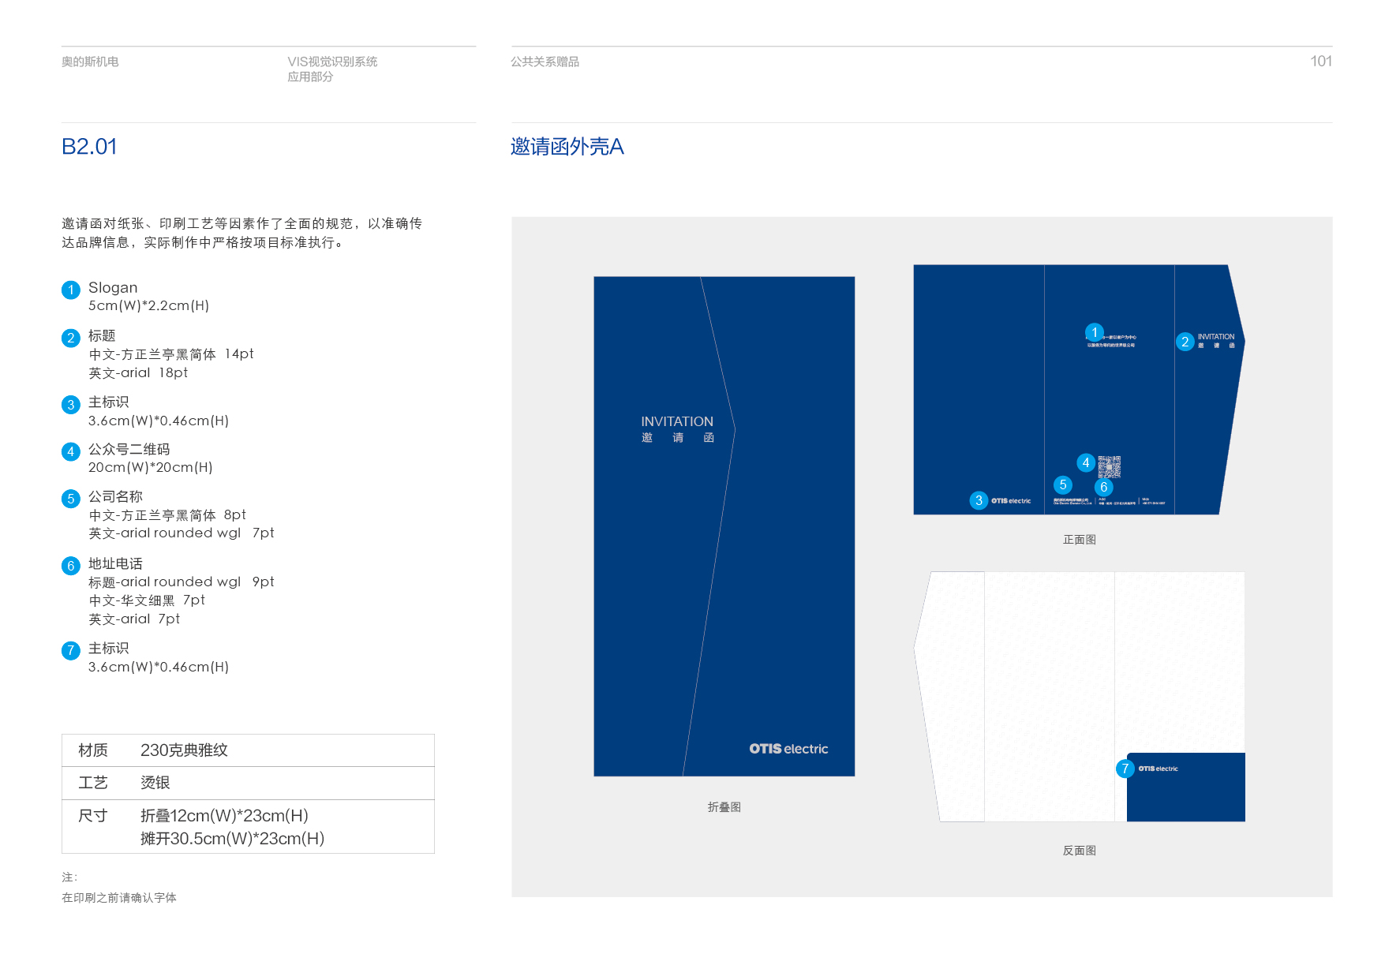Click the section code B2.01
pyautogui.click(x=89, y=147)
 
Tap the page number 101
pyautogui.click(x=1320, y=62)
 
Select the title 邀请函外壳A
pyautogui.click(x=567, y=147)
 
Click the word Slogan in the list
pyautogui.click(x=113, y=287)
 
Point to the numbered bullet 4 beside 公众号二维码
pyautogui.click(x=71, y=451)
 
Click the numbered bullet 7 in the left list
pyautogui.click(x=71, y=650)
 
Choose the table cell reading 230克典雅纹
pyautogui.click(x=184, y=750)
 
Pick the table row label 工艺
pyautogui.click(x=93, y=783)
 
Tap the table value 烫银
pyautogui.click(x=155, y=783)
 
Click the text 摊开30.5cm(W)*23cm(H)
pyautogui.click(x=232, y=839)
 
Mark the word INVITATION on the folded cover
pyautogui.click(x=676, y=421)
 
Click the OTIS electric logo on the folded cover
pyautogui.click(x=788, y=749)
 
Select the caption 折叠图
pyautogui.click(x=724, y=807)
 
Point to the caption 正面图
pyautogui.click(x=1079, y=540)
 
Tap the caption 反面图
pyautogui.click(x=1079, y=851)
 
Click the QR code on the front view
pyautogui.click(x=1109, y=466)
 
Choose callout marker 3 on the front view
pyautogui.click(x=979, y=500)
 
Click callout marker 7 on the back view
pyautogui.click(x=1125, y=769)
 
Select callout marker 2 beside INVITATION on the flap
pyautogui.click(x=1185, y=342)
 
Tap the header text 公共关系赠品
pyautogui.click(x=545, y=62)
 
